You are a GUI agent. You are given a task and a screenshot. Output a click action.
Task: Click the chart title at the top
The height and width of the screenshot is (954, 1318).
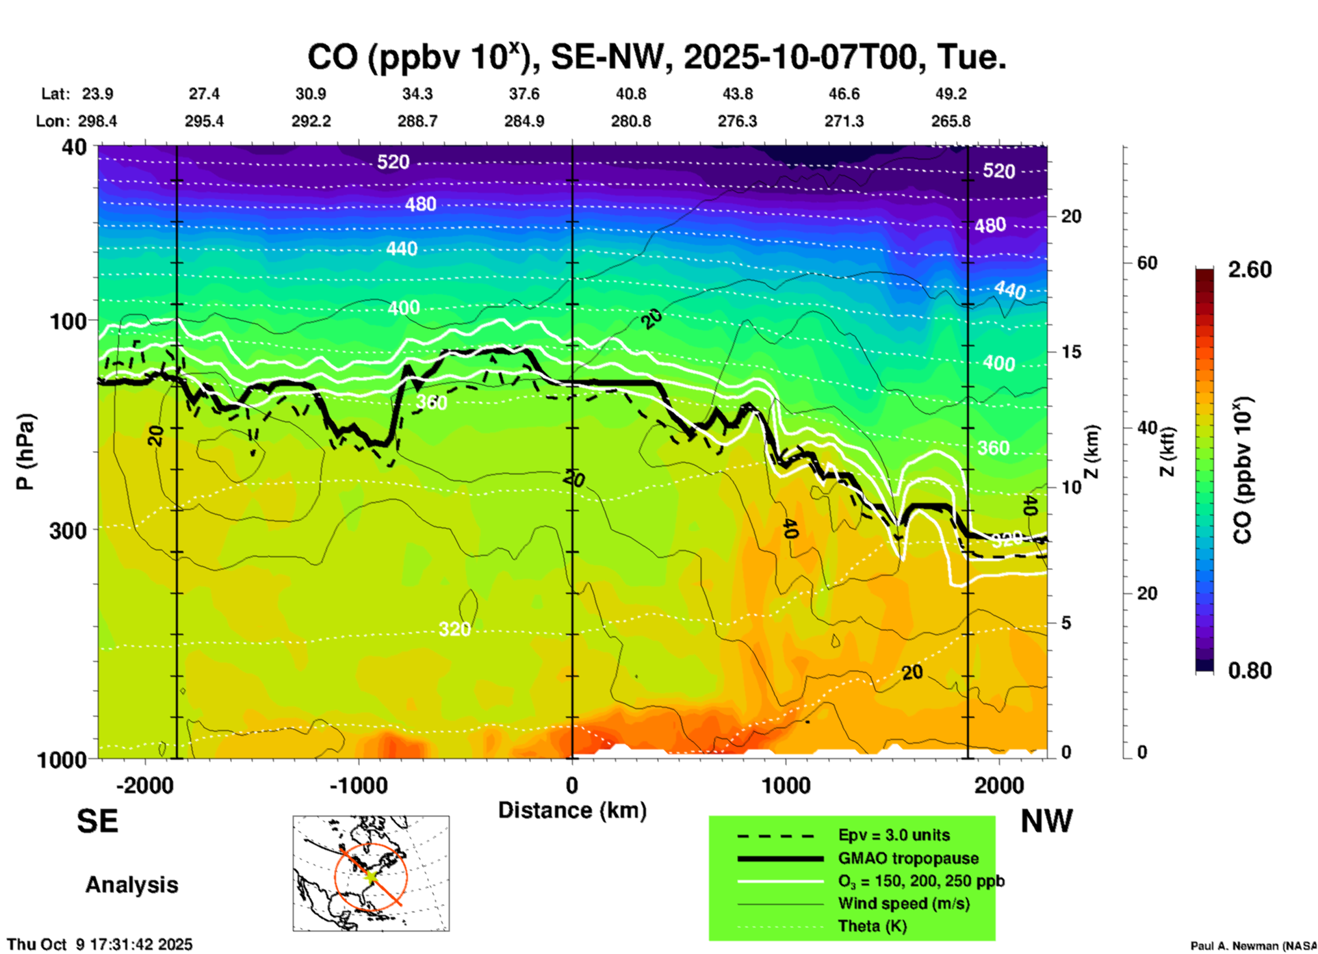657,57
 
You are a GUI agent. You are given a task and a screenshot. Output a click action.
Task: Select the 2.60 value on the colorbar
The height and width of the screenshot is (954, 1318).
1250,270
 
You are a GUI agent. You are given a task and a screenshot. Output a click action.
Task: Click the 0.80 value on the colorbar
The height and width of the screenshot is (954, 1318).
1250,670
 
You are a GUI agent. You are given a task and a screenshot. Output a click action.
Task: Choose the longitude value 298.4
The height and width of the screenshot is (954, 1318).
96,121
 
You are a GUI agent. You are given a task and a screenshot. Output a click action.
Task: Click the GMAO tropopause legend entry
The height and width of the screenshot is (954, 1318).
908,858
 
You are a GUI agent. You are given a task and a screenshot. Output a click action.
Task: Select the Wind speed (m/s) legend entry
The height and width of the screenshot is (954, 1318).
903,903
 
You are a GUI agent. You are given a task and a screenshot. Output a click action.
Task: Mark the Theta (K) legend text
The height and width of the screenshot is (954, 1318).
872,926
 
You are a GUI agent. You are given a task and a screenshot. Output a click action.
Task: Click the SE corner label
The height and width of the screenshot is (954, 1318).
97,821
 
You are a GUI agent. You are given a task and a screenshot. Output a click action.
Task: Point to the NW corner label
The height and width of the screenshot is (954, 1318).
1046,821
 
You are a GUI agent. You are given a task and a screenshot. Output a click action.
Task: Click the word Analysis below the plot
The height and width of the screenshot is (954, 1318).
131,884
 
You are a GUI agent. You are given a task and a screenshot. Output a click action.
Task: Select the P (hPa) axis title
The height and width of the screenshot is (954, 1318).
25,452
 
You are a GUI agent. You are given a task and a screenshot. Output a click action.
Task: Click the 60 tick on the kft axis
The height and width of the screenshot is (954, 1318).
1147,263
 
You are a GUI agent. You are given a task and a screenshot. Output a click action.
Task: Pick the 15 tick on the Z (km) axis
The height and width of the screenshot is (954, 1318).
1071,352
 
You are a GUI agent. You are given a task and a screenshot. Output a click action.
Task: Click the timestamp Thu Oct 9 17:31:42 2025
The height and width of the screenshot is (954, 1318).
100,944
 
